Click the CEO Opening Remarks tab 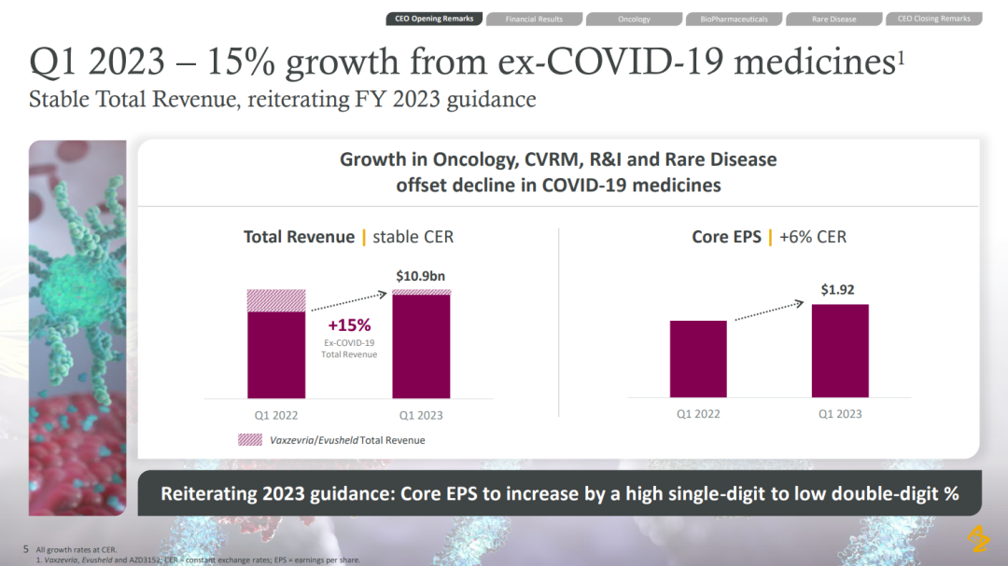pos(434,19)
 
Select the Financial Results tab pos(534,19)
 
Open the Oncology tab pos(634,19)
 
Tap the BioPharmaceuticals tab pos(734,19)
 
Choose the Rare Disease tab pos(833,19)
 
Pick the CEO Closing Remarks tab pos(933,19)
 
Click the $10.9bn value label pos(421,276)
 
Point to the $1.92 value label pos(837,290)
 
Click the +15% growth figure pos(349,325)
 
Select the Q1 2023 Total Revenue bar pos(421,347)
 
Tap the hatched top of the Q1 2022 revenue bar pos(276,300)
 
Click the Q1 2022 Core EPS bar pos(698,359)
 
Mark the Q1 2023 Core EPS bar pos(840,351)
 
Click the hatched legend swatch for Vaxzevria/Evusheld pos(250,439)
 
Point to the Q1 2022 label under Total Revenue pos(276,415)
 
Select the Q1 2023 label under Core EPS pos(840,413)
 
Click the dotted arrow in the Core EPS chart pos(769,311)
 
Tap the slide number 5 pos(26,549)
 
